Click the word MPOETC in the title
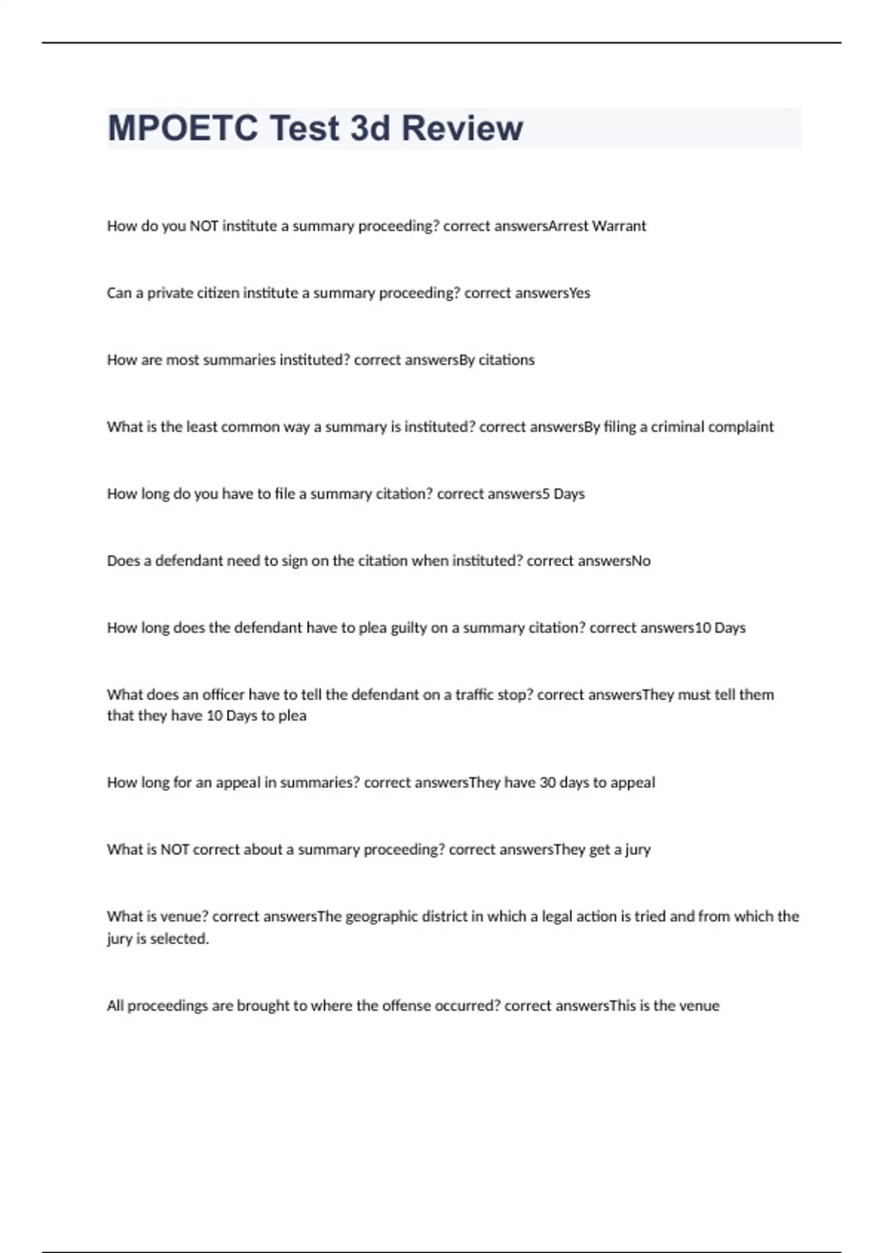pos(183,128)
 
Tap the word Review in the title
pos(462,128)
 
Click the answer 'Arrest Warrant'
pos(597,226)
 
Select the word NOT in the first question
pos(204,226)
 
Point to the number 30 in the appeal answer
pos(547,783)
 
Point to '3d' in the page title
pos(370,128)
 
